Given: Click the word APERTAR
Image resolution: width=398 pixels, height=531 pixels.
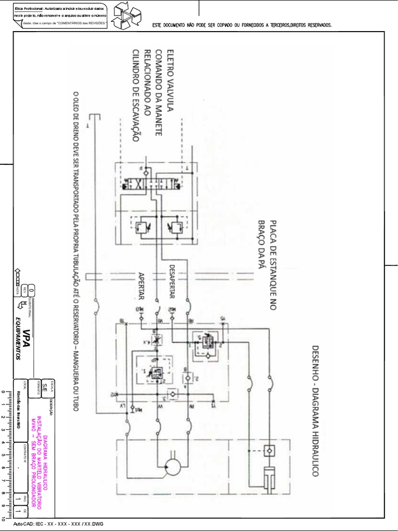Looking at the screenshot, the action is [x=141, y=286].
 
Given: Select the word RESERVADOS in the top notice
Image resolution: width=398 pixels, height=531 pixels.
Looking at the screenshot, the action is [x=315, y=25].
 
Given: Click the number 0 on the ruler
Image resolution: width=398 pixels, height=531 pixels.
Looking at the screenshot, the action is [x=4, y=392].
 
